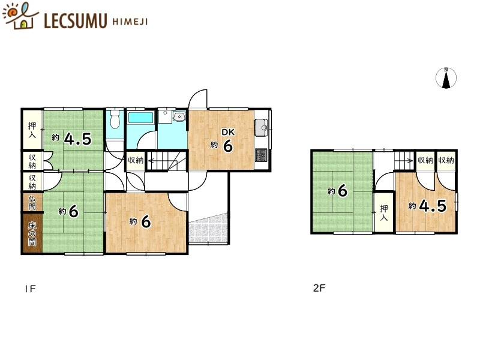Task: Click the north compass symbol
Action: (446, 78)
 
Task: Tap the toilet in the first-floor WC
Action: (115, 119)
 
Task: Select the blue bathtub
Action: (140, 118)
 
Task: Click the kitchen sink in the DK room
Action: (261, 127)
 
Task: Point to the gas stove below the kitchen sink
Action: (261, 155)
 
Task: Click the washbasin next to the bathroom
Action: (179, 116)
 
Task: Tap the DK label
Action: (228, 132)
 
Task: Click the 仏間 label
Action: (32, 202)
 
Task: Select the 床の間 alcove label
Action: (32, 234)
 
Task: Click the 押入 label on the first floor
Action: (32, 130)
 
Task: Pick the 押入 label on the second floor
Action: (384, 213)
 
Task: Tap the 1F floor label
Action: (31, 289)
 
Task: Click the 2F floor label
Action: (319, 288)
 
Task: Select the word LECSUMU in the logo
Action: (76, 21)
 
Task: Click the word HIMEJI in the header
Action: (130, 22)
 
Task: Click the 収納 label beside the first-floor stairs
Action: (136, 160)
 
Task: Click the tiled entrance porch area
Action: (208, 228)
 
